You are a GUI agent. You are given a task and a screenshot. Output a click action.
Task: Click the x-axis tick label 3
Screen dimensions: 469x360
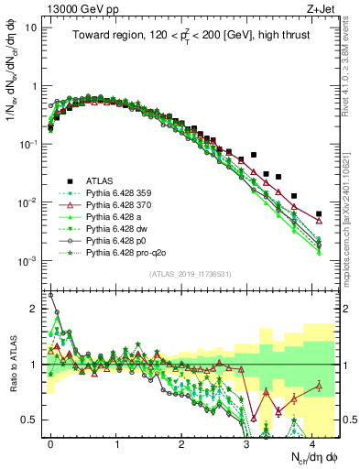(246, 442)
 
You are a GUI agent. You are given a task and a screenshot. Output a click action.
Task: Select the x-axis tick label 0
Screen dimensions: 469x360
(50, 442)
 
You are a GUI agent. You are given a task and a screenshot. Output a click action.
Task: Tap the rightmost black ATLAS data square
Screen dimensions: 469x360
(318, 214)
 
